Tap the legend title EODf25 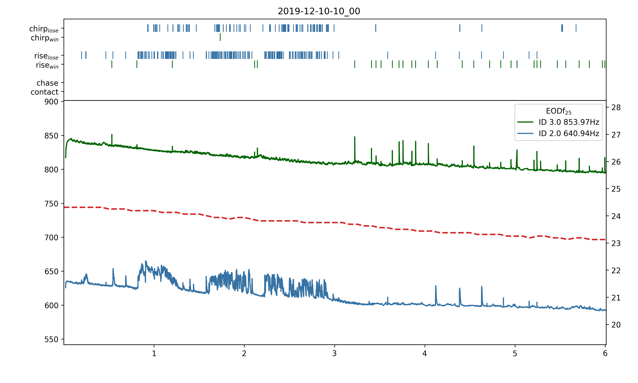[558, 111]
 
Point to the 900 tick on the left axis [51, 102]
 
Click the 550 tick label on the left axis [51, 339]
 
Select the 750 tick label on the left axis [51, 204]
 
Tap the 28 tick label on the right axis [616, 108]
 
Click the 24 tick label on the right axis [616, 216]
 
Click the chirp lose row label [44, 29]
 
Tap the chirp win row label [45, 38]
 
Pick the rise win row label [47, 65]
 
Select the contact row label [45, 92]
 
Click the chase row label [47, 83]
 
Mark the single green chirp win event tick [220, 37]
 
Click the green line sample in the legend [525, 122]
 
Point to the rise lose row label [46, 56]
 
